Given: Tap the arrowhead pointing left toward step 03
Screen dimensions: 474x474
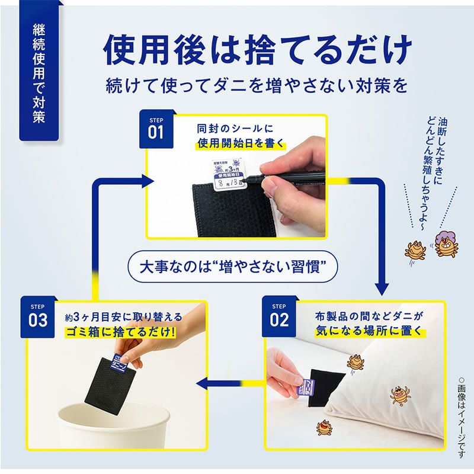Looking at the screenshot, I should point(202,385).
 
